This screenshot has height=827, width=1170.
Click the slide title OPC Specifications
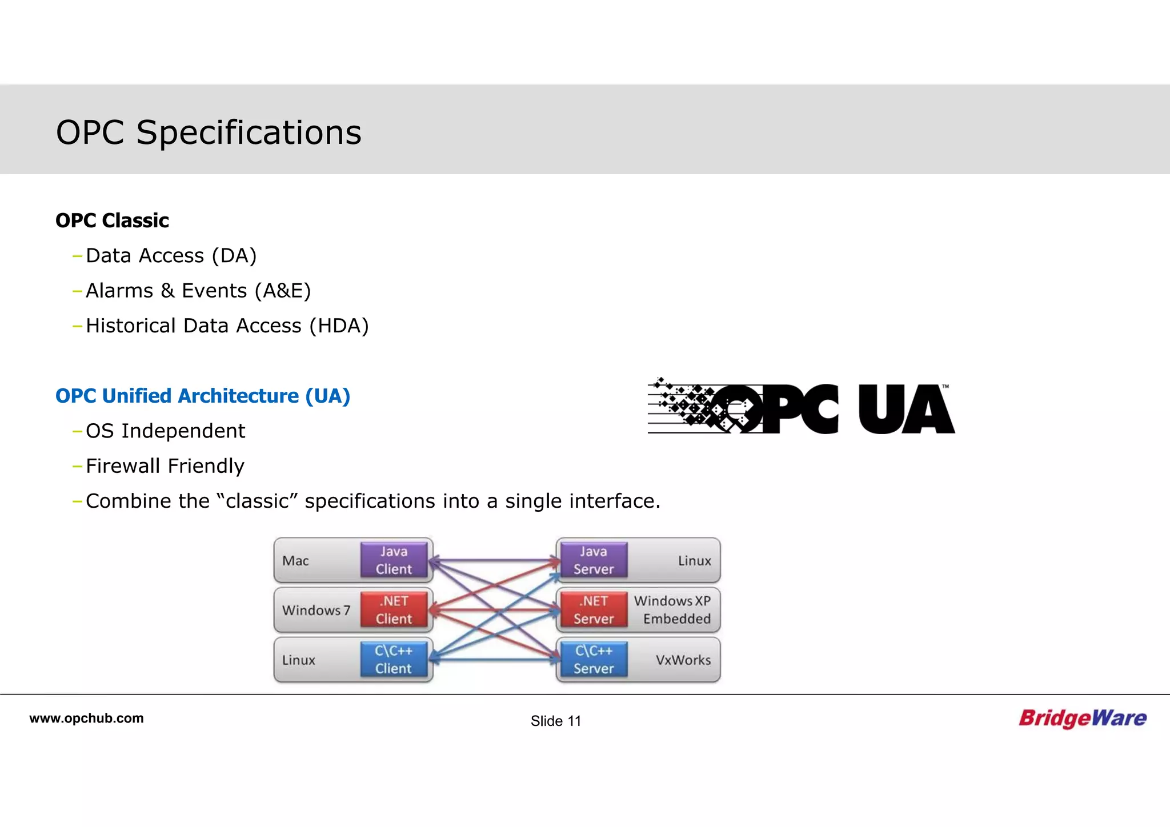tap(209, 133)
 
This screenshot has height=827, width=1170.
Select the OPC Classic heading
tap(112, 220)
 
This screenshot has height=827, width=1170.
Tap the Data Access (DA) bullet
tap(171, 256)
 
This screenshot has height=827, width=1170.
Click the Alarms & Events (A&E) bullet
tap(198, 291)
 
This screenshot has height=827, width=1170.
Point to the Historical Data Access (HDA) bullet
tap(227, 326)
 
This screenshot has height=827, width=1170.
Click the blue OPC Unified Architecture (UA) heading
tap(202, 396)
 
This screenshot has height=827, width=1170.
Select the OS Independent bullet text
tap(165, 431)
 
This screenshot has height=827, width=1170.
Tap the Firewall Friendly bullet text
tap(165, 466)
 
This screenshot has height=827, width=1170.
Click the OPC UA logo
tap(801, 407)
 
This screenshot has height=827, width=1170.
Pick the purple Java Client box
tap(394, 560)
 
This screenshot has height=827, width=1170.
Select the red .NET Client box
tap(394, 610)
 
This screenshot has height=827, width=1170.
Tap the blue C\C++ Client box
tap(394, 660)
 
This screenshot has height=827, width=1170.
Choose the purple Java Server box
tap(594, 560)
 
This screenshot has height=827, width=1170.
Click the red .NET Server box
tap(594, 610)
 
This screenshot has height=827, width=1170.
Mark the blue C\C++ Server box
tap(594, 660)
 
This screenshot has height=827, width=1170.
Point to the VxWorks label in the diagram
tap(683, 660)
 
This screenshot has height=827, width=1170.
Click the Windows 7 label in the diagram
tap(316, 611)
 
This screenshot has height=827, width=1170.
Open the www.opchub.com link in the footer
tap(86, 718)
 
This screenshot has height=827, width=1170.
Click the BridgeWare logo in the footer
tap(1082, 718)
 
